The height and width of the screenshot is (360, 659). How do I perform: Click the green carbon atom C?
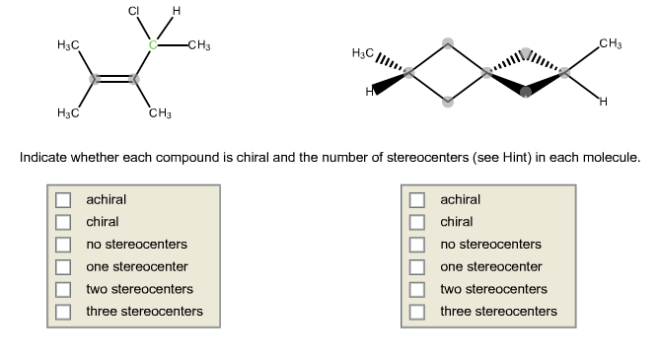pyautogui.click(x=153, y=44)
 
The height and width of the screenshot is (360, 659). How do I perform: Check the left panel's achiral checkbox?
pyautogui.click(x=63, y=199)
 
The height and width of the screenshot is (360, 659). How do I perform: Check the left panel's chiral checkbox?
pyautogui.click(x=63, y=222)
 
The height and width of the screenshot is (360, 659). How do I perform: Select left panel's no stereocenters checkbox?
pyautogui.click(x=63, y=244)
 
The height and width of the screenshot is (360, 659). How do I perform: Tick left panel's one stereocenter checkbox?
pyautogui.click(x=63, y=266)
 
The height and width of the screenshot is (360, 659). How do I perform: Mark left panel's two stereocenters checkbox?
pyautogui.click(x=63, y=289)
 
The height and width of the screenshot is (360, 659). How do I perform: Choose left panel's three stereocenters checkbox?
pyautogui.click(x=63, y=312)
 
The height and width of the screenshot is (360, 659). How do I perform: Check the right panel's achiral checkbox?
pyautogui.click(x=417, y=199)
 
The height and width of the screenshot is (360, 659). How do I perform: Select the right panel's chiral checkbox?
pyautogui.click(x=417, y=222)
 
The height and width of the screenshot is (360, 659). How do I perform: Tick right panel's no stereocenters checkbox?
pyautogui.click(x=417, y=244)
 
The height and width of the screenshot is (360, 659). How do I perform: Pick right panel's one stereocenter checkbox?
pyautogui.click(x=417, y=266)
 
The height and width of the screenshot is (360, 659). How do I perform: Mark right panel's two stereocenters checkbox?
pyautogui.click(x=417, y=289)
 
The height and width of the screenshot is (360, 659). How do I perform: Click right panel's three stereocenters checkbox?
pyautogui.click(x=417, y=312)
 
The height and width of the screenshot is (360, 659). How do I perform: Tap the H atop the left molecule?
pyautogui.click(x=176, y=11)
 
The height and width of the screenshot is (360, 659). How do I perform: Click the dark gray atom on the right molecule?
pyautogui.click(x=525, y=92)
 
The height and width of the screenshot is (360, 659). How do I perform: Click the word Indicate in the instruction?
pyautogui.click(x=45, y=157)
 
